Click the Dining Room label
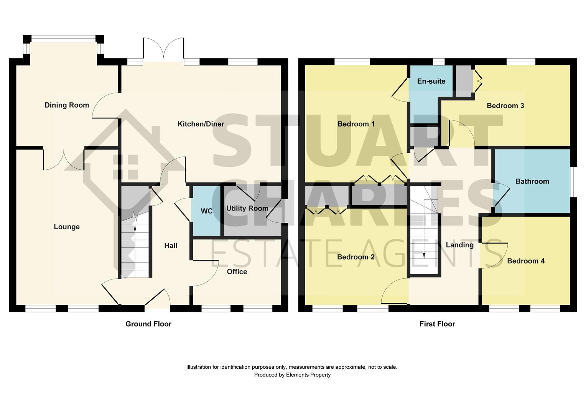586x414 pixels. [x=67, y=105]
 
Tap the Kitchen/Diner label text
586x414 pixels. [x=201, y=124]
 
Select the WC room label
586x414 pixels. [x=206, y=211]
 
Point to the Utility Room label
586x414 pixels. [x=247, y=208]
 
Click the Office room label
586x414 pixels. [x=237, y=271]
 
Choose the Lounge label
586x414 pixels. [x=67, y=227]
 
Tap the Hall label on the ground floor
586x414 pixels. [x=171, y=245]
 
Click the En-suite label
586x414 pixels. [x=431, y=81]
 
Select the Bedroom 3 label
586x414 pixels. [x=505, y=105]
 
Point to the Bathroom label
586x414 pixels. [x=532, y=181]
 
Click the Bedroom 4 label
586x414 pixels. [x=525, y=261]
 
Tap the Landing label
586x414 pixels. [x=459, y=245]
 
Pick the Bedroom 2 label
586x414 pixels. [x=356, y=257]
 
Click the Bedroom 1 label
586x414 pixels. [x=356, y=124]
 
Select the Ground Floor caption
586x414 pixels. [x=148, y=324]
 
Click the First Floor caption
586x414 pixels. [x=437, y=324]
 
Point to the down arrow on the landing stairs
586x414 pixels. [x=424, y=256]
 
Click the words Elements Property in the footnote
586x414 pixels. [x=308, y=375]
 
